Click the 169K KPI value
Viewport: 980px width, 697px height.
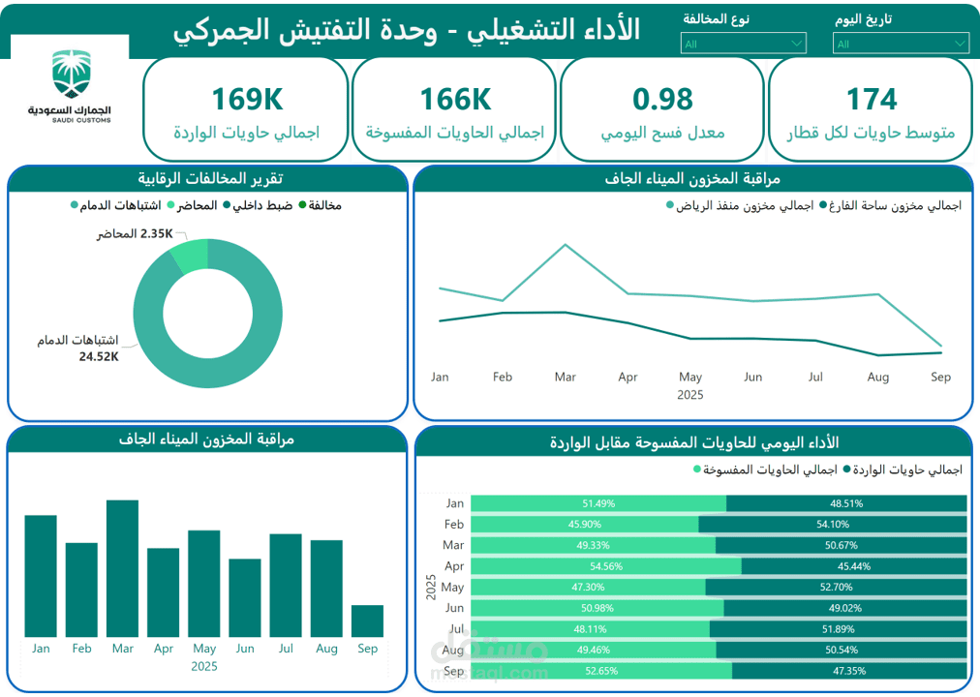pyautogui.click(x=247, y=99)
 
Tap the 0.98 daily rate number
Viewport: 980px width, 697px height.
pyautogui.click(x=662, y=99)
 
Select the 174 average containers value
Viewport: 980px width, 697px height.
pyautogui.click(x=872, y=99)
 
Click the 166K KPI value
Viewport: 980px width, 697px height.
pyautogui.click(x=455, y=99)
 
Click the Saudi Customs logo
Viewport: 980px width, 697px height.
pyautogui.click(x=69, y=87)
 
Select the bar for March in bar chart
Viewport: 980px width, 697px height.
pyautogui.click(x=122, y=568)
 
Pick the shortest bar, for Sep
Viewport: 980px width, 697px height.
pyautogui.click(x=367, y=621)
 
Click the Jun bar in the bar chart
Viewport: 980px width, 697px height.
pyautogui.click(x=245, y=597)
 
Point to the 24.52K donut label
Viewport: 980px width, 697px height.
pyautogui.click(x=99, y=356)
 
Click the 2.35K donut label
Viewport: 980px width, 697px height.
pyautogui.click(x=156, y=234)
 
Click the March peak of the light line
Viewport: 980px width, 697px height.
pyautogui.click(x=565, y=245)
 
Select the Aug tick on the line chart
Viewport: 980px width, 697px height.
pyautogui.click(x=878, y=377)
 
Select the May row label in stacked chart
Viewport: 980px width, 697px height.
pyautogui.click(x=452, y=587)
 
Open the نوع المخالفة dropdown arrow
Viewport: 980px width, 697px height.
pyautogui.click(x=796, y=43)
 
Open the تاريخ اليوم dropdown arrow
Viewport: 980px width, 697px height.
pyautogui.click(x=959, y=43)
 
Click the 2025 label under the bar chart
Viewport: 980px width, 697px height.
pyautogui.click(x=203, y=666)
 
